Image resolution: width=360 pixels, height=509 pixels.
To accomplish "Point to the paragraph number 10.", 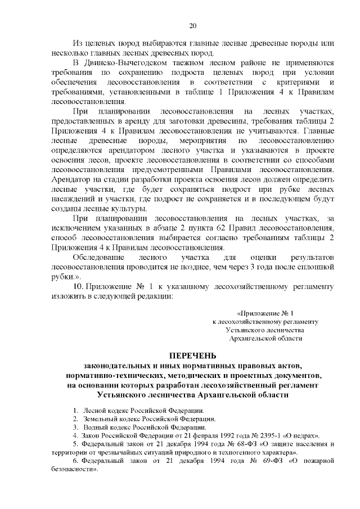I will pos(78,287).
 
